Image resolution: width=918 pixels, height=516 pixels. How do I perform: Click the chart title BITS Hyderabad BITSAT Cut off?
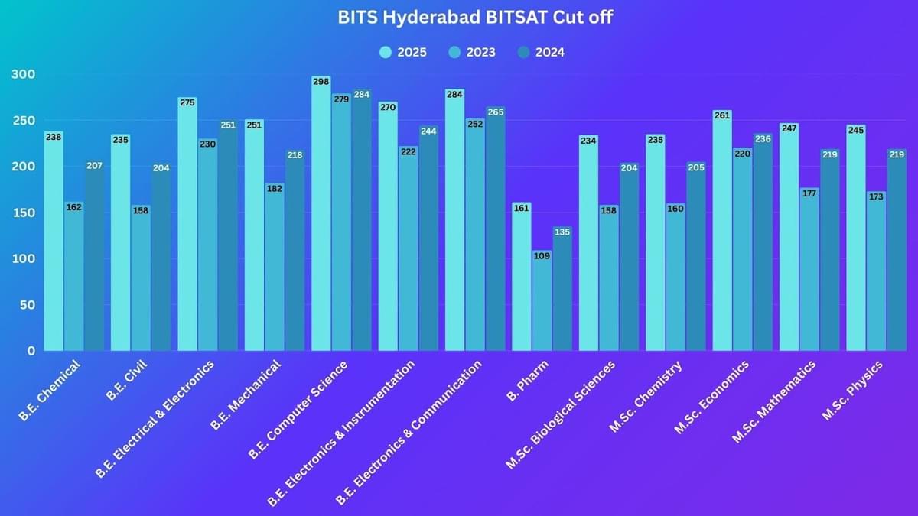[x=474, y=18]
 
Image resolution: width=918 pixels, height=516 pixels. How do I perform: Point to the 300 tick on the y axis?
[x=24, y=74]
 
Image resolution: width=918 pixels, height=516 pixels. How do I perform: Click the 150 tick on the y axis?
[x=24, y=213]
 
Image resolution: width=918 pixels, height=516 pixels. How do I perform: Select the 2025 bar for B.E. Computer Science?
[x=321, y=214]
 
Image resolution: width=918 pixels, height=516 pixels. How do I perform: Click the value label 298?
[x=321, y=81]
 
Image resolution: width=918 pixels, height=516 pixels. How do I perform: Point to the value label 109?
[x=542, y=256]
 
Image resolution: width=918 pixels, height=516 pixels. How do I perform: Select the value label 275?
[x=187, y=102]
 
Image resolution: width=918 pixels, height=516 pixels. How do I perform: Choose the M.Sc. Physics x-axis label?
[x=852, y=390]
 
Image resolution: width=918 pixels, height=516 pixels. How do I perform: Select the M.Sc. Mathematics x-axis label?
[x=773, y=401]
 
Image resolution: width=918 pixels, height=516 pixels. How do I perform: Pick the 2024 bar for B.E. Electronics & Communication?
[x=495, y=229]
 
